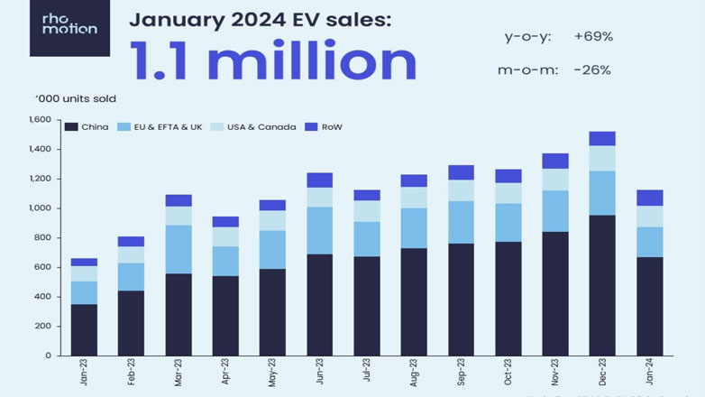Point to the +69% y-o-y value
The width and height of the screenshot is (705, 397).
click(x=592, y=37)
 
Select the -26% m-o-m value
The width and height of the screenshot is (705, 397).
click(x=591, y=69)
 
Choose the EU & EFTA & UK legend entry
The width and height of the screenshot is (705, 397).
click(x=165, y=126)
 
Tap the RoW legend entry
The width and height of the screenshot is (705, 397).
click(x=328, y=126)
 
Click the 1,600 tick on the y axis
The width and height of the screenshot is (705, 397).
click(x=39, y=120)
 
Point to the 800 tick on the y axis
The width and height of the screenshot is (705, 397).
click(x=42, y=238)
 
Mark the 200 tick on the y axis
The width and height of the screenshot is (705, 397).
click(x=42, y=327)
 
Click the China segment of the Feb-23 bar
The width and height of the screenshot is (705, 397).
click(x=131, y=323)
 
